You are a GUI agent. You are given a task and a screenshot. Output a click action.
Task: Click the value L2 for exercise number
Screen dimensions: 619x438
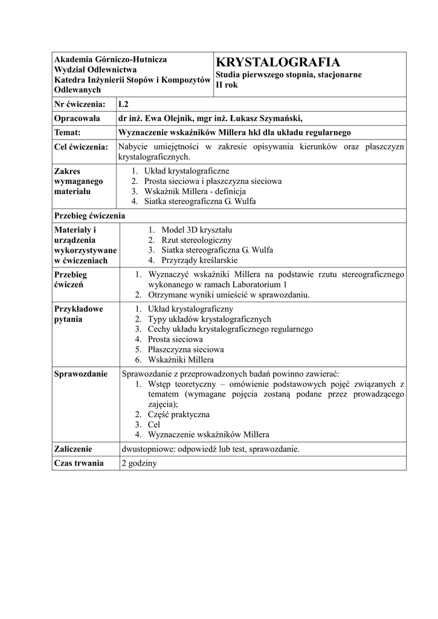click(x=124, y=103)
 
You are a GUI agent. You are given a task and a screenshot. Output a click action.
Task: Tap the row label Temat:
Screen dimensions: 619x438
click(x=71, y=132)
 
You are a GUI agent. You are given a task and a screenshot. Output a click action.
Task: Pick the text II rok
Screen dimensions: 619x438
click(x=227, y=85)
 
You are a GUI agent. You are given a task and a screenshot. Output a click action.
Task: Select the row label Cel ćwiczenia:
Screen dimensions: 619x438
click(x=82, y=146)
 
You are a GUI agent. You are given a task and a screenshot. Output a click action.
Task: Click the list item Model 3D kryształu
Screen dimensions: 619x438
click(x=197, y=230)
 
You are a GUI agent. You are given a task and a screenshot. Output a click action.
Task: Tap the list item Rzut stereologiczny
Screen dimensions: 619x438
click(x=197, y=240)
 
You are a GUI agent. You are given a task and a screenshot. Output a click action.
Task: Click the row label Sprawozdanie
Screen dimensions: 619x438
click(x=81, y=374)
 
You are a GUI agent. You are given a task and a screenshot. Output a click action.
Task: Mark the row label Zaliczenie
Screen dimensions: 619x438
click(x=73, y=449)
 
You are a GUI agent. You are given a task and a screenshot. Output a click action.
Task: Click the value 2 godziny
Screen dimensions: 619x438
click(x=139, y=463)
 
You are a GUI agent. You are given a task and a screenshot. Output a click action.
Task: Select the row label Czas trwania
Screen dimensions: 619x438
click(x=79, y=463)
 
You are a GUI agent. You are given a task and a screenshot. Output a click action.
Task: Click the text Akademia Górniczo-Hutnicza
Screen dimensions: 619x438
click(x=111, y=59)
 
